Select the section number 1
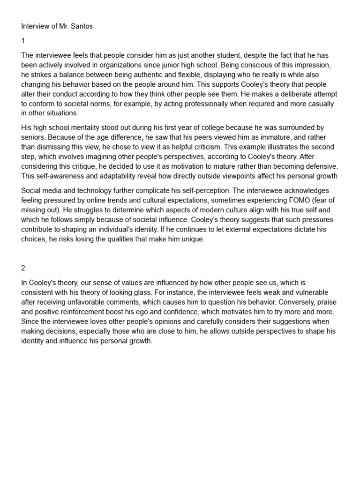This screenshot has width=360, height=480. point(23,41)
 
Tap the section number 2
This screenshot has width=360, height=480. point(23,268)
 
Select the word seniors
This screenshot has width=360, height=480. point(33,137)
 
